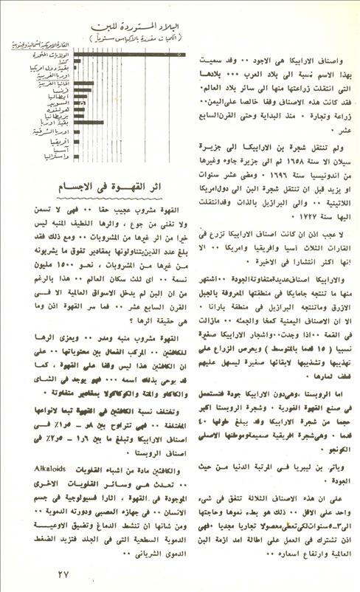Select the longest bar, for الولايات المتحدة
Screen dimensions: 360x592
[x=125, y=53]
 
